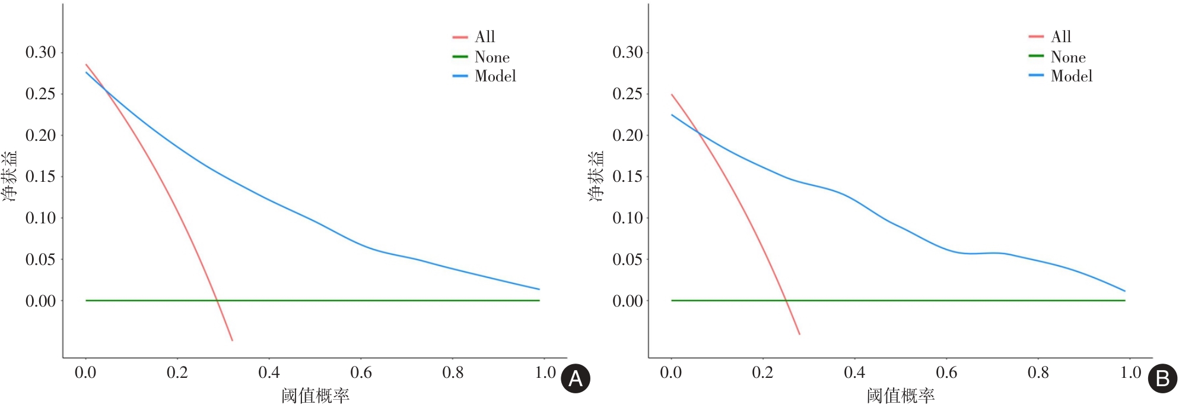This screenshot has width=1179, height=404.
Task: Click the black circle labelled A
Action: (576, 378)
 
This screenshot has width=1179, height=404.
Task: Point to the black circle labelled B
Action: (1162, 378)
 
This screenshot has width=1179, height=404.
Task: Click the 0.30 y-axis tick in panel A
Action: (40, 52)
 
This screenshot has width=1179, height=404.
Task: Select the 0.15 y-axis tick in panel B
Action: (627, 176)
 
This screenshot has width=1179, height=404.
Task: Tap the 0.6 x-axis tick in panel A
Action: (361, 373)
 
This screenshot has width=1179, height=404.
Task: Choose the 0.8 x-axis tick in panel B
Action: (1038, 373)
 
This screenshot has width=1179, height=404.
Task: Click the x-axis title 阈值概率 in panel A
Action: (315, 395)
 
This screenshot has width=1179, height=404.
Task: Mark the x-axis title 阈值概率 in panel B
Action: (900, 395)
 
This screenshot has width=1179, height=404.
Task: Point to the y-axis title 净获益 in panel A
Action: (10, 176)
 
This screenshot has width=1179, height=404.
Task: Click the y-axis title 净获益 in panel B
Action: (596, 176)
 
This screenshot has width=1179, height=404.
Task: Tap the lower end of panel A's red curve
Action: (232, 340)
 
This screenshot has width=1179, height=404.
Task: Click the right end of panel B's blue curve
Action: (1124, 291)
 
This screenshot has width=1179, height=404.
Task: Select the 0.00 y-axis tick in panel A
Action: (40, 301)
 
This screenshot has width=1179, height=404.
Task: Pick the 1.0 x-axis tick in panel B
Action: (1130, 373)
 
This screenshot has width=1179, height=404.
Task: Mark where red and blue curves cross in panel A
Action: (105, 90)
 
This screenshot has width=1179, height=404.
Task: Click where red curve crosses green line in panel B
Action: (786, 301)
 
